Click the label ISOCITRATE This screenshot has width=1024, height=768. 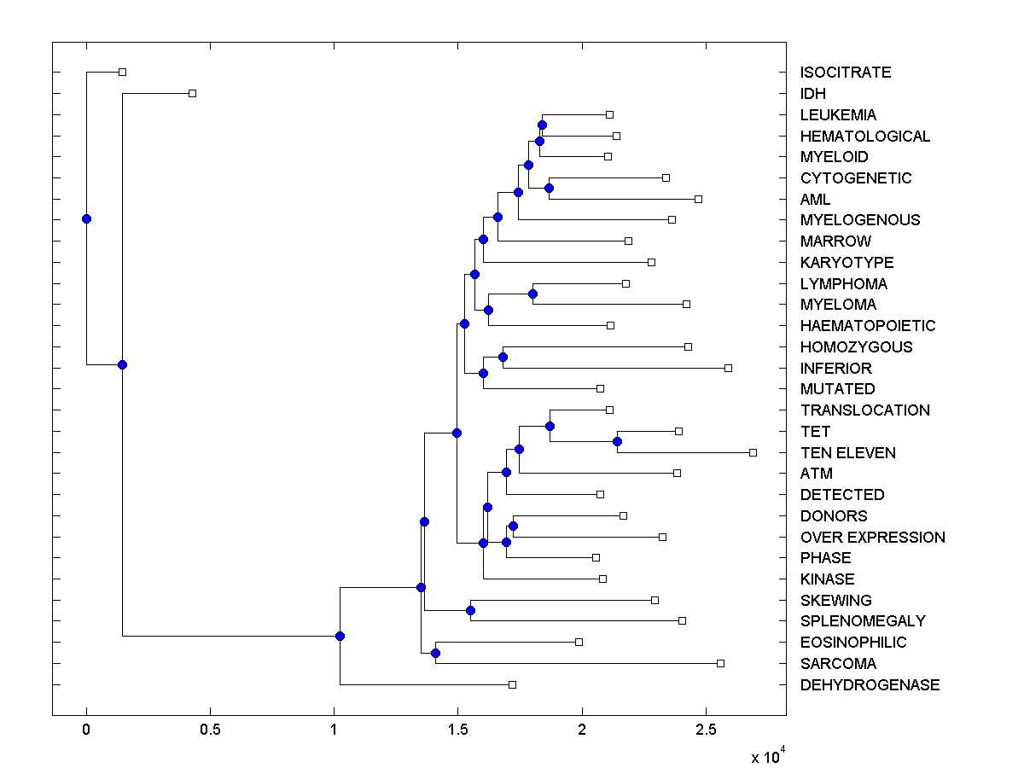point(846,73)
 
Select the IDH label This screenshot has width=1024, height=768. point(813,94)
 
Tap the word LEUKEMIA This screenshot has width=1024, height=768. point(838,114)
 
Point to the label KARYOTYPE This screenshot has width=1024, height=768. point(847,262)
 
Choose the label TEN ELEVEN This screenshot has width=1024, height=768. point(848,452)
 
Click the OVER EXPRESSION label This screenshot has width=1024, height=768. point(873,537)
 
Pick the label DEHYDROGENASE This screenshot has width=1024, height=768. point(870,684)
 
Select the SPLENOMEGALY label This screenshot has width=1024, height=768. point(863,621)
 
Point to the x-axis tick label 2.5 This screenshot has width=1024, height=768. point(706,730)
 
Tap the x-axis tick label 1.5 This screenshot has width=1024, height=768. point(458,730)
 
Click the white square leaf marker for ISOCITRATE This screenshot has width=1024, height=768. point(122,72)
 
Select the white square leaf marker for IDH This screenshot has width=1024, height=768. point(192,93)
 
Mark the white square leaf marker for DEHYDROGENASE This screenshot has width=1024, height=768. point(512,684)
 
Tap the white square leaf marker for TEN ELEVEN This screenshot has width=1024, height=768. point(753,452)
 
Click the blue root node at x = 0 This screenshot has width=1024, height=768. point(86,218)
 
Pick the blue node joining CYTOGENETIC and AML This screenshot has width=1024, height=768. point(550,188)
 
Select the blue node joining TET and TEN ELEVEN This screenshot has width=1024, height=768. point(617,441)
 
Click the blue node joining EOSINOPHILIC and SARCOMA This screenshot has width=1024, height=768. point(435,653)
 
